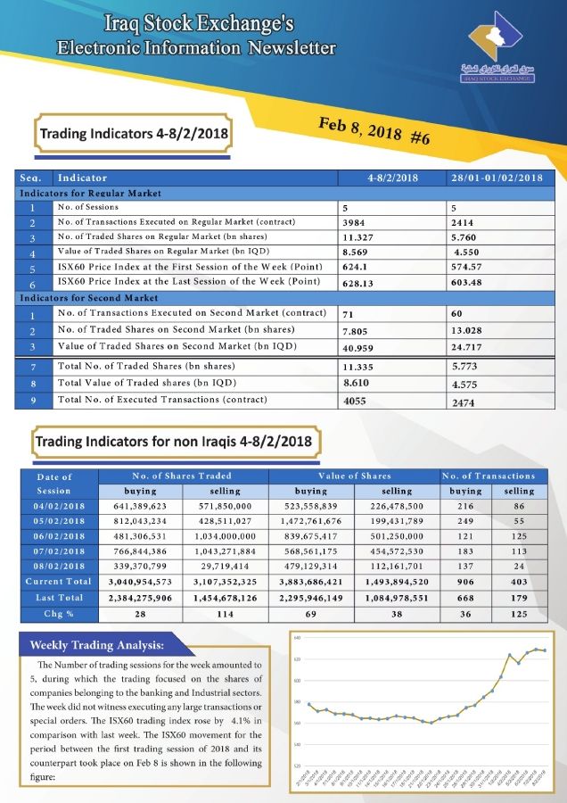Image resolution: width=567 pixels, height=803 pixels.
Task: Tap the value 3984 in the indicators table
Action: pos(355,221)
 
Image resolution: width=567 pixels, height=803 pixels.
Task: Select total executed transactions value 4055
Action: pos(355,401)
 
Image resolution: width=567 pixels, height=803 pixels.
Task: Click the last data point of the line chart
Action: pos(545,650)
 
